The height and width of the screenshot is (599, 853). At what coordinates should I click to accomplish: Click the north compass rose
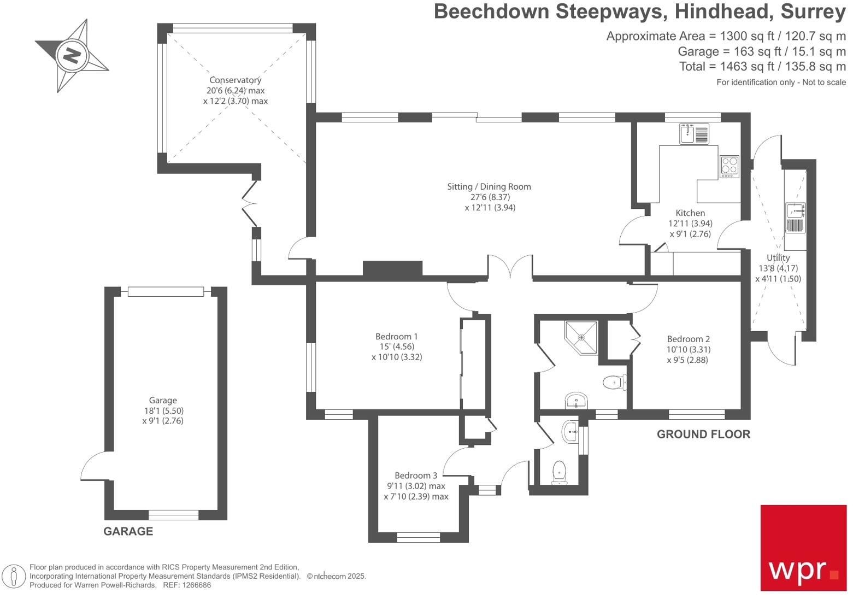72,55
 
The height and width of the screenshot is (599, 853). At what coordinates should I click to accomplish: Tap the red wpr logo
803,548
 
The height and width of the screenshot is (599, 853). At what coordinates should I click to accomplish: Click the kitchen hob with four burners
730,166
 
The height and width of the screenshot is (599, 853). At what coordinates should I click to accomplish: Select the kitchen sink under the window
694,133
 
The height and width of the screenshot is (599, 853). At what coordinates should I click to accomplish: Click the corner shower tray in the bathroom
581,337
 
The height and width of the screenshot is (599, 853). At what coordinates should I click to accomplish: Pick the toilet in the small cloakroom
560,472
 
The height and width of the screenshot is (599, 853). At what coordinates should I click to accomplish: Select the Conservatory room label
236,80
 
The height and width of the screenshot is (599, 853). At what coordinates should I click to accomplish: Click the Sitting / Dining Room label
489,187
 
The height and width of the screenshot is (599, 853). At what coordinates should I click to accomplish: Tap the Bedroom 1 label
397,337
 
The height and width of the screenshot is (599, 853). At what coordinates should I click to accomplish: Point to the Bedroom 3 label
416,475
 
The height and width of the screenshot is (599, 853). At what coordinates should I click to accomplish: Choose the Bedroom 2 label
688,339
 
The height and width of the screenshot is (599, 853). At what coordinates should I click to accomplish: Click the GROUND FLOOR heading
703,434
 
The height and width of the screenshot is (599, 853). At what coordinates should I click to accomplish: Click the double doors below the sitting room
510,268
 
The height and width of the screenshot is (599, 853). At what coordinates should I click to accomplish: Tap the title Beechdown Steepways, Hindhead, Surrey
639,11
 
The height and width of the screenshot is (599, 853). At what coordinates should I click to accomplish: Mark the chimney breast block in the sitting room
392,268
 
